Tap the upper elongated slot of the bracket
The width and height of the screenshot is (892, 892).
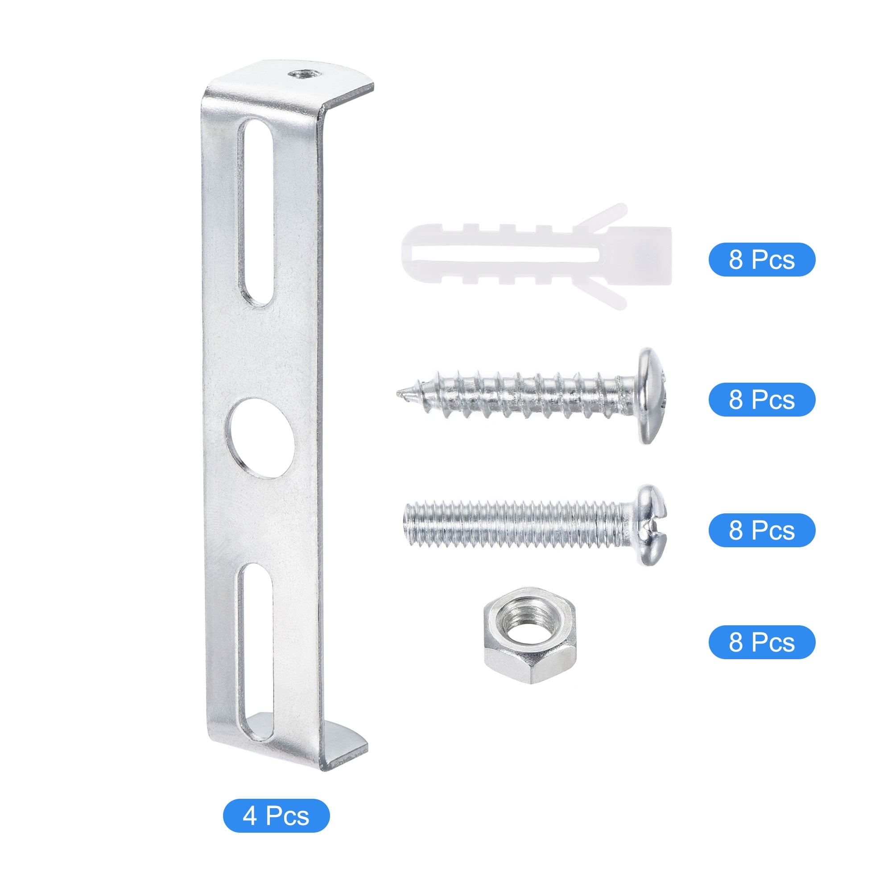click(x=255, y=212)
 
